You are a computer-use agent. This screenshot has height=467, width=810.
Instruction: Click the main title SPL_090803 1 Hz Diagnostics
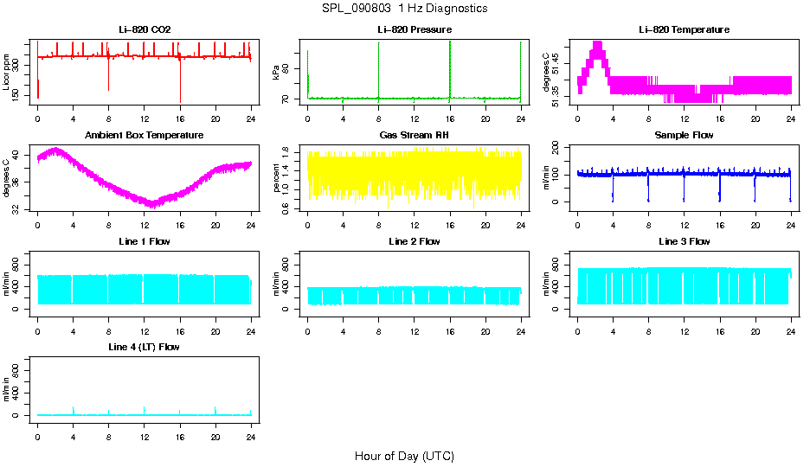click(404, 9)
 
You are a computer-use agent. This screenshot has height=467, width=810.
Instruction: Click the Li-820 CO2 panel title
click(145, 29)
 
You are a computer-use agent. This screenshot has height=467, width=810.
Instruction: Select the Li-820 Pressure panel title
click(415, 29)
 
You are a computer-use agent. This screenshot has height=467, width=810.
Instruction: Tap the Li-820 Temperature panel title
click(684, 29)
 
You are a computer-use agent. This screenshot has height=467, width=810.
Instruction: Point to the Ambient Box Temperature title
click(145, 135)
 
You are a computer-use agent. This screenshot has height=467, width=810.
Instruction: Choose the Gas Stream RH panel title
click(415, 135)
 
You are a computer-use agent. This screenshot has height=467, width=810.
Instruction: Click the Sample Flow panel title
click(684, 135)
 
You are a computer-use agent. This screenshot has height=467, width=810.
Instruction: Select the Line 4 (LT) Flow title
click(145, 347)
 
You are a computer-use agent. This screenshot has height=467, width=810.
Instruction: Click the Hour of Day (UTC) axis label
click(404, 456)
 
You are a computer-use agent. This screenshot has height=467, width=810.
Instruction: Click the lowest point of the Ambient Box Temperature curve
click(152, 205)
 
